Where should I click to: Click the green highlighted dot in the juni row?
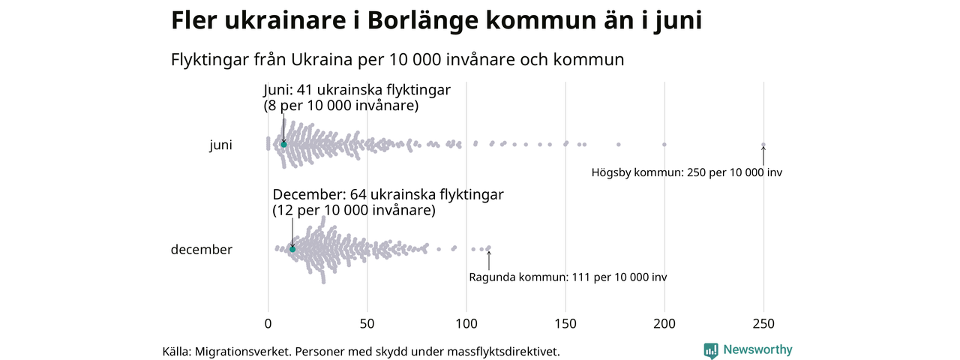pyautogui.click(x=283, y=144)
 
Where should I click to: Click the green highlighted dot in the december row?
pyautogui.click(x=292, y=249)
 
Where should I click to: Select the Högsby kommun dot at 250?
pyautogui.click(x=763, y=145)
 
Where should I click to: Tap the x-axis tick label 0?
pyautogui.click(x=268, y=324)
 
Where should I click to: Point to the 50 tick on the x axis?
pyautogui.click(x=367, y=324)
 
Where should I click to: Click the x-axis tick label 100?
pyautogui.click(x=466, y=324)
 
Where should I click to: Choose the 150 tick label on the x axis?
pyautogui.click(x=565, y=324)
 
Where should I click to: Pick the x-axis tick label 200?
pyautogui.click(x=664, y=324)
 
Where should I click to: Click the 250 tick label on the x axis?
pyautogui.click(x=763, y=324)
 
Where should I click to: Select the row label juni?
pyautogui.click(x=220, y=145)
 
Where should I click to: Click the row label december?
pyautogui.click(x=202, y=250)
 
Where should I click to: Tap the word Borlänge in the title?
pyautogui.click(x=423, y=21)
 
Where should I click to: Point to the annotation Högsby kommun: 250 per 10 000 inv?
pyautogui.click(x=686, y=172)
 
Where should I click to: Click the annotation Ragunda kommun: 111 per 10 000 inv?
pyautogui.click(x=568, y=277)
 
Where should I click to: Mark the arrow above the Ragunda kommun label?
pyautogui.click(x=489, y=259)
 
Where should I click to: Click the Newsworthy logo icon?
pyautogui.click(x=710, y=350)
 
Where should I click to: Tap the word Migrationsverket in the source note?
pyautogui.click(x=241, y=351)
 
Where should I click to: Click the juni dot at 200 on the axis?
pyautogui.click(x=664, y=144)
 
